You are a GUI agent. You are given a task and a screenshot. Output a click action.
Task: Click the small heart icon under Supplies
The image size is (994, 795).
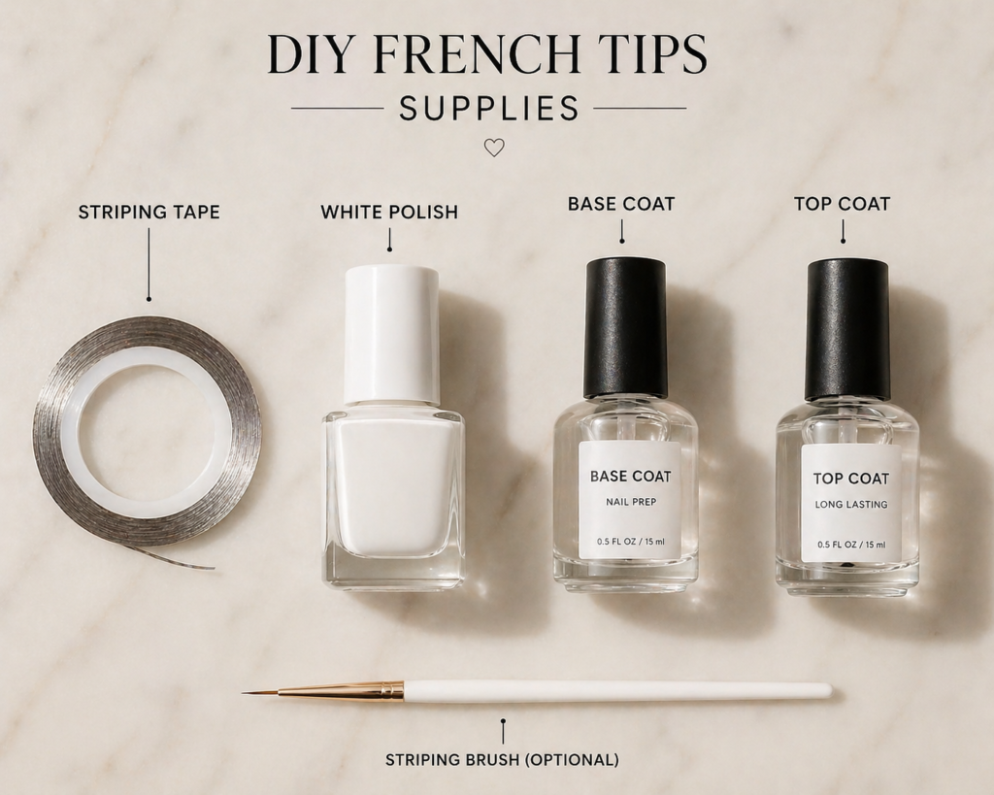click(494, 148)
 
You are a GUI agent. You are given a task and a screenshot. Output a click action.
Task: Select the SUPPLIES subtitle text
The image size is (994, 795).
click(489, 109)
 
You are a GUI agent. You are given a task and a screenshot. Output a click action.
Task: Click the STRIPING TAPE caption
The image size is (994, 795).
click(149, 212)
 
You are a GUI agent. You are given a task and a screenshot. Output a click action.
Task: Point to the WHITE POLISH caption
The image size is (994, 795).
click(389, 212)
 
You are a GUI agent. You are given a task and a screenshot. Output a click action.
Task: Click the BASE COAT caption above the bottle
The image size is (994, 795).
click(621, 204)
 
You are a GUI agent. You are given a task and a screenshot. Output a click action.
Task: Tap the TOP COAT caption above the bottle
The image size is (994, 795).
click(843, 204)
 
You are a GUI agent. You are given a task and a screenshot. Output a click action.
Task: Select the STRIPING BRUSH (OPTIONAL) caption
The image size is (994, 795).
click(502, 759)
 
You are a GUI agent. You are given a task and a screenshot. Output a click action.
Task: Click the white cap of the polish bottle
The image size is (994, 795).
click(391, 335)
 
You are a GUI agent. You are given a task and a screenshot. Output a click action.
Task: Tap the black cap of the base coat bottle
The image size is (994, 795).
click(625, 328)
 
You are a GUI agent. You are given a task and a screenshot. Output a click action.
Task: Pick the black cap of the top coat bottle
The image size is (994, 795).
click(847, 330)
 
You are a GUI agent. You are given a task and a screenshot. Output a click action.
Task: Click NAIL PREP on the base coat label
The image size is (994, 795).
click(631, 502)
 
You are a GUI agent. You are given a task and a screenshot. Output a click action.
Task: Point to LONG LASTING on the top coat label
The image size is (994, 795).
click(851, 505)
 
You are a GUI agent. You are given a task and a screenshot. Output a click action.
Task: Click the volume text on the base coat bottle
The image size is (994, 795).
click(631, 542)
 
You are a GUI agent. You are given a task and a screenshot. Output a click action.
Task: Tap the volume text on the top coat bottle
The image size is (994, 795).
click(851, 545)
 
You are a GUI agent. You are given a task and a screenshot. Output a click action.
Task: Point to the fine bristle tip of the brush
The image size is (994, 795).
click(243, 693)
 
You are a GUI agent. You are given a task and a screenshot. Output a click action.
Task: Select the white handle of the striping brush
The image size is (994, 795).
click(617, 690)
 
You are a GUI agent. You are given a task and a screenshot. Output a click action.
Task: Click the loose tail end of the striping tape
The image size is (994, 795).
click(212, 567)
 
